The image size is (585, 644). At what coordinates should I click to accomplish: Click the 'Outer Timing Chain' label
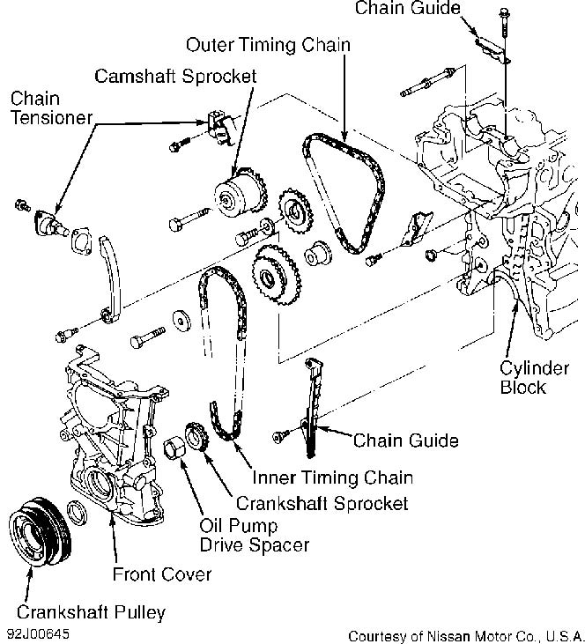(267, 44)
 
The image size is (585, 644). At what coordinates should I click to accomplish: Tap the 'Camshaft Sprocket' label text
(175, 76)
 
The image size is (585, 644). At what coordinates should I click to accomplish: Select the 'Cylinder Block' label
(524, 376)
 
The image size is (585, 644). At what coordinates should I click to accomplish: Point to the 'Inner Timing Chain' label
(332, 477)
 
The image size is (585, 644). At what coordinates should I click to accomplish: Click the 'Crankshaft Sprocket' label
(322, 503)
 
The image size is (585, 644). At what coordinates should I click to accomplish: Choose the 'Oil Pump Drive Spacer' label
(255, 535)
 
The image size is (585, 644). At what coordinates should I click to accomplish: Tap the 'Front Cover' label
(162, 574)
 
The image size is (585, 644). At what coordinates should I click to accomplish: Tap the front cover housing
(106, 432)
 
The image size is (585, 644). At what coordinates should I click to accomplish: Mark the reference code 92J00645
(40, 633)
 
